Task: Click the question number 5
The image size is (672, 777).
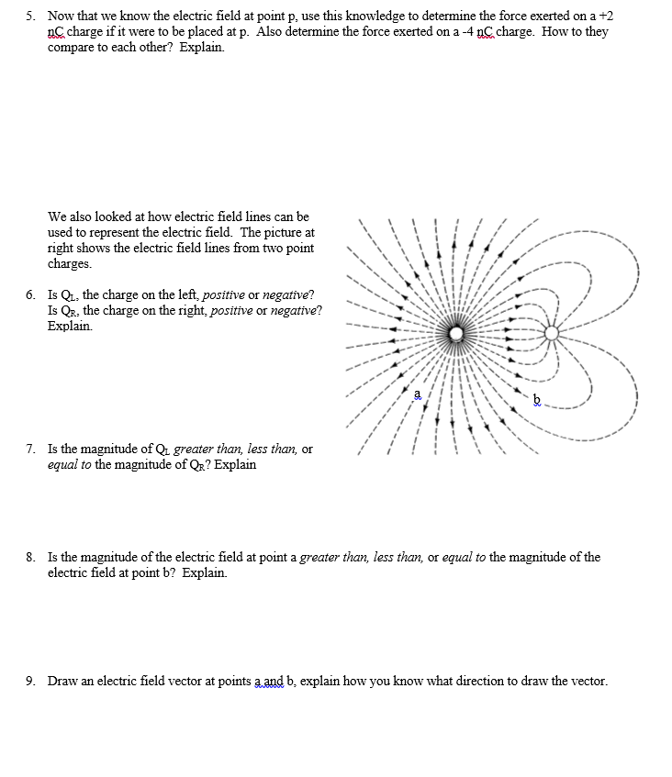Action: (29, 17)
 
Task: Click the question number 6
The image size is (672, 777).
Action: (29, 294)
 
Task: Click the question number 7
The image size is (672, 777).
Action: (29, 449)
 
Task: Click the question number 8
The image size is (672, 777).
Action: (29, 557)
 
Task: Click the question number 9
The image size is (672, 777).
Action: (29, 681)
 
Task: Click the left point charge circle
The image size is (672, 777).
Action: (455, 333)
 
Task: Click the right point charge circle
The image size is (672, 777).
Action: (551, 333)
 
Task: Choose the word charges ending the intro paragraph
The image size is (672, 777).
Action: (70, 263)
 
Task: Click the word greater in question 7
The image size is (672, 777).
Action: (194, 449)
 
